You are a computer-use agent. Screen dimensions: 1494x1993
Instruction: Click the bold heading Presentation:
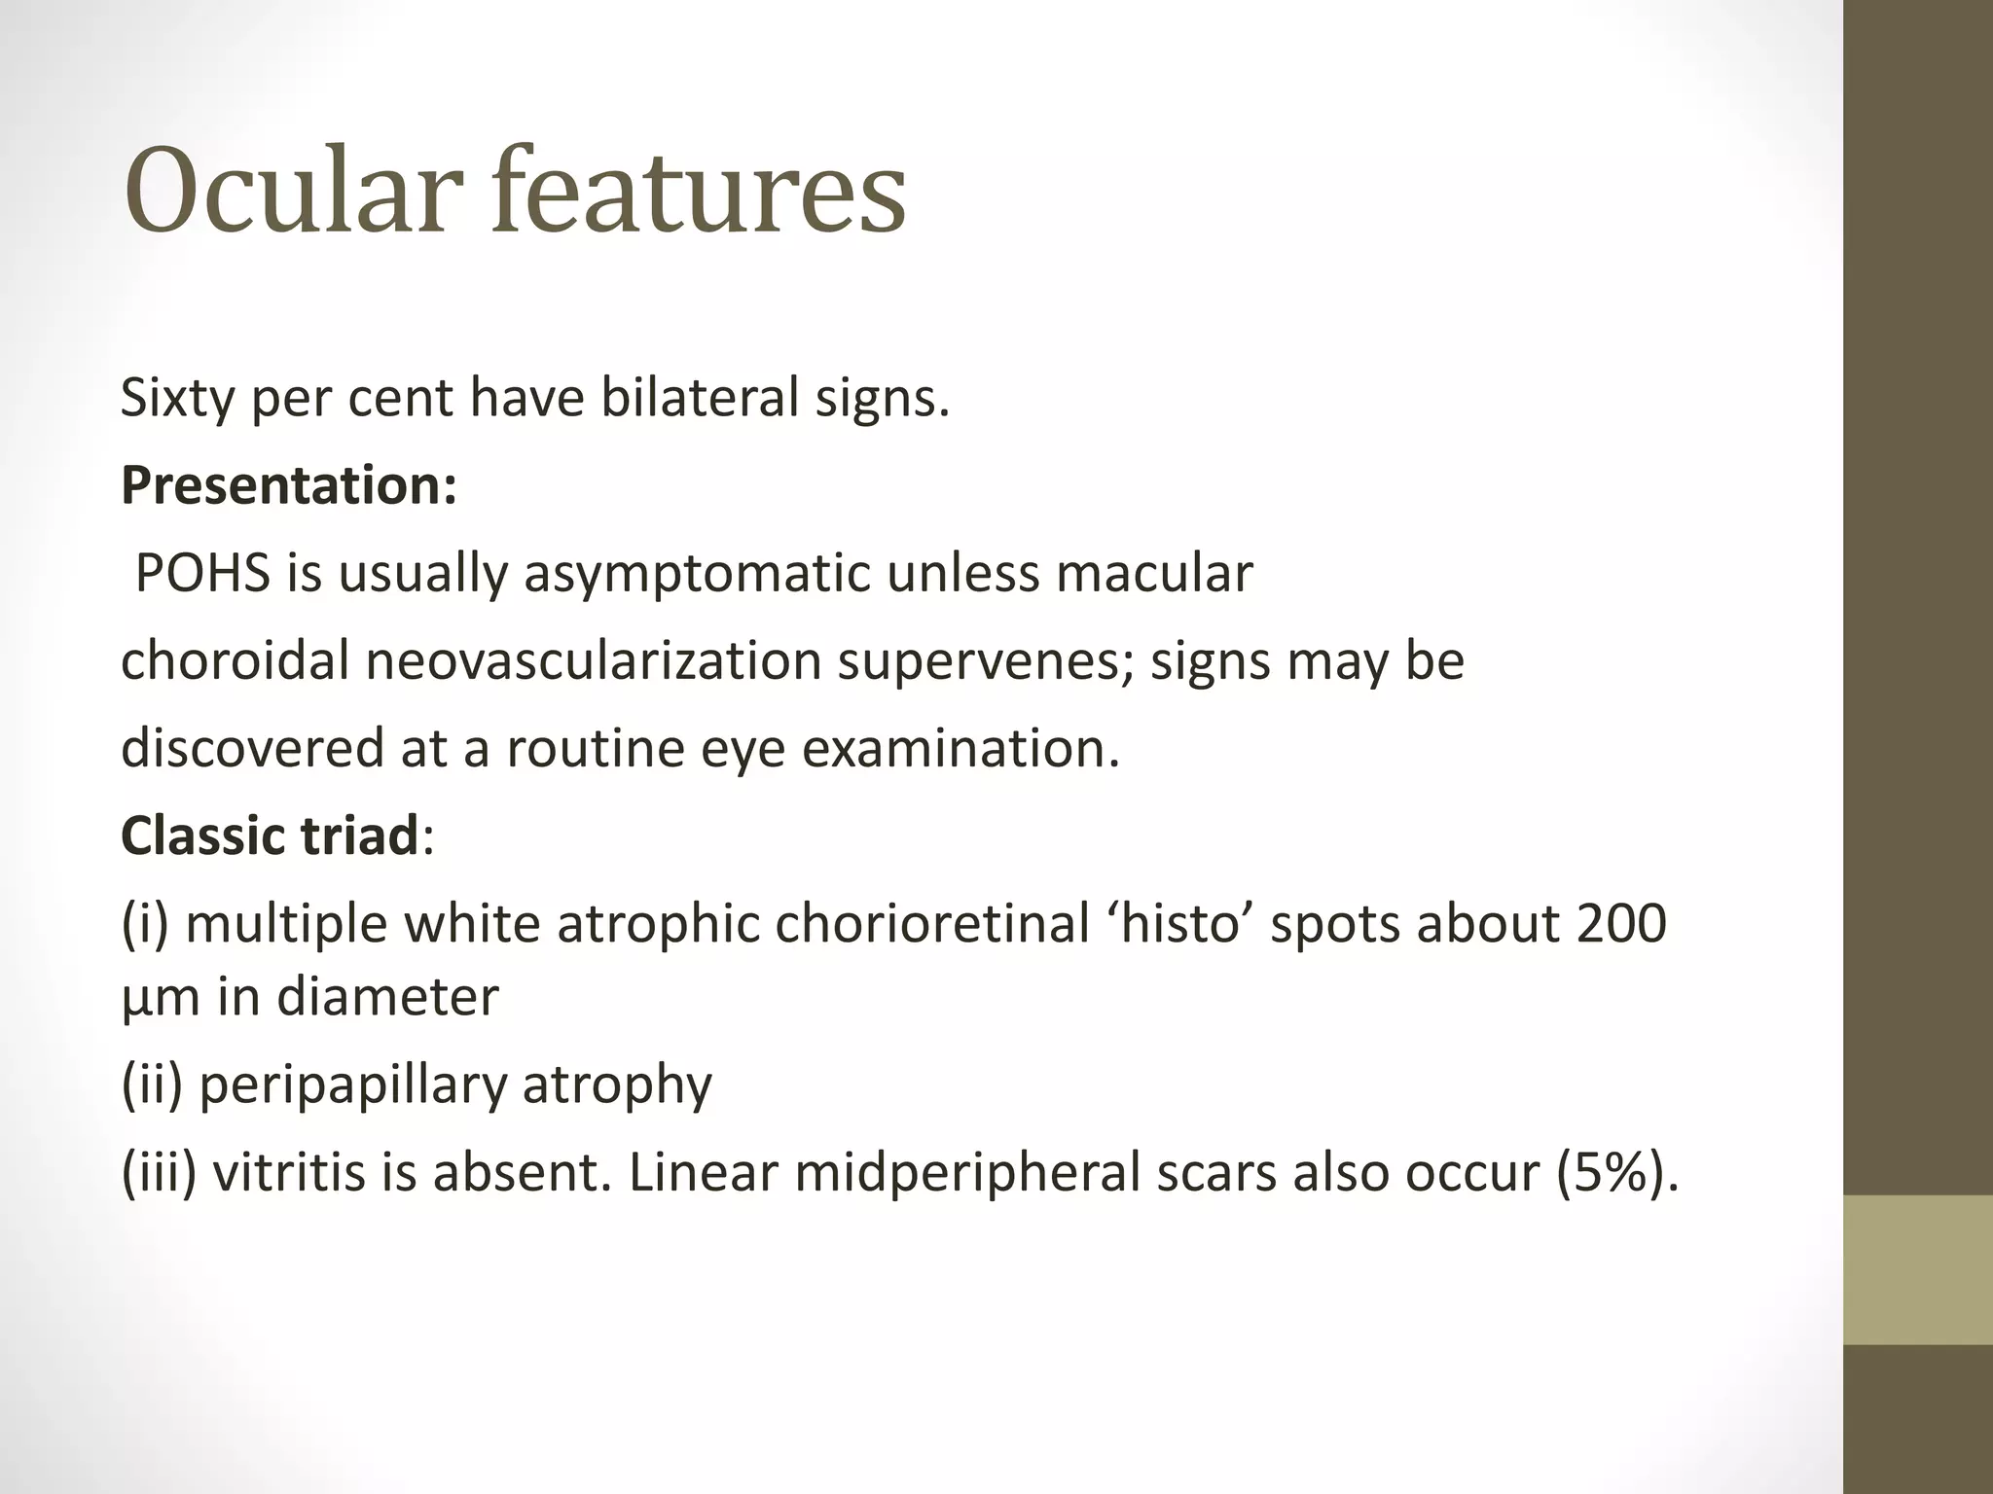[289, 485]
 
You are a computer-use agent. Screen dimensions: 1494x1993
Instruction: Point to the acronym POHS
[202, 573]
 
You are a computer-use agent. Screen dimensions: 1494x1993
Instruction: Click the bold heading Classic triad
[270, 836]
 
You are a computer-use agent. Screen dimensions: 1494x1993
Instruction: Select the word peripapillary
[352, 1085]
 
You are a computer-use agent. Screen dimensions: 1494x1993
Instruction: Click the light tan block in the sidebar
[1918, 1269]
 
